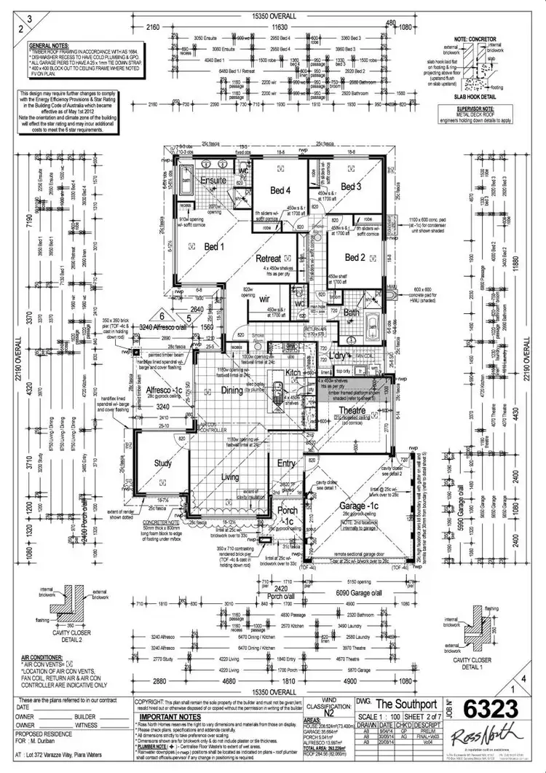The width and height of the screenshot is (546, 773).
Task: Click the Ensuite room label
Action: coord(213,181)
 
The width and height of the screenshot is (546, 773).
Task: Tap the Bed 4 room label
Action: coord(280,190)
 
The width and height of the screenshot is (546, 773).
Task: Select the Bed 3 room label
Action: coord(351,187)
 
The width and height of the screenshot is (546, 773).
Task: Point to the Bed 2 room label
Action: coord(355,257)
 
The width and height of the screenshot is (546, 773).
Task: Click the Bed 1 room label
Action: coord(214,246)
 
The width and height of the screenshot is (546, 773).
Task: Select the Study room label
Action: coord(162,462)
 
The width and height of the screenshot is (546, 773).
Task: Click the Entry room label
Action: coord(286,463)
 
